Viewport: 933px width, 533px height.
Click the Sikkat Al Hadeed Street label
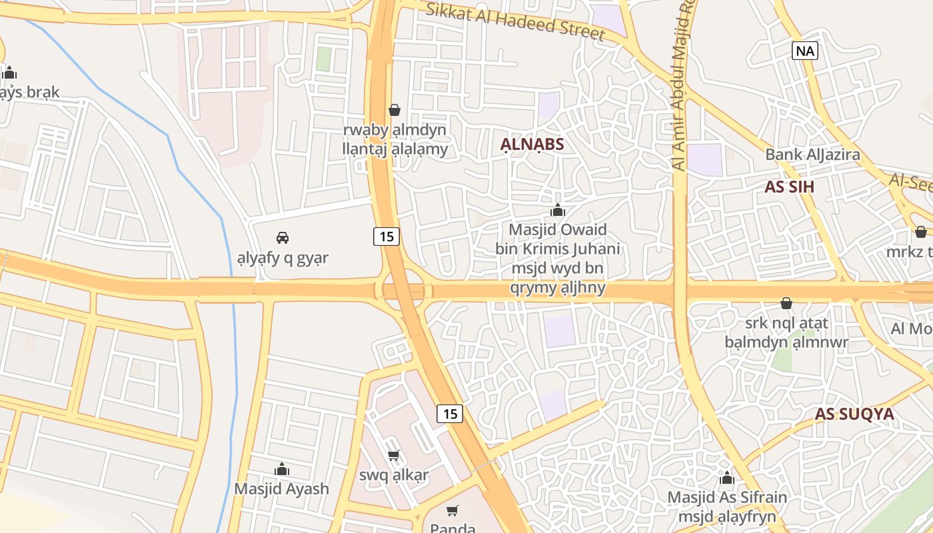515,21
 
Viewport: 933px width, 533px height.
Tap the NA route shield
805,51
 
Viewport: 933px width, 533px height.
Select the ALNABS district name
532,145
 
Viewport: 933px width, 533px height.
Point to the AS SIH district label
790,187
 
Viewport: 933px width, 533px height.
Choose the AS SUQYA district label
854,414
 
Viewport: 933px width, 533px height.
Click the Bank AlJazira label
812,155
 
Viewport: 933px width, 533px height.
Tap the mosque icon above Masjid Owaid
558,211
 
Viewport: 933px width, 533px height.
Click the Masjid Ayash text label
281,489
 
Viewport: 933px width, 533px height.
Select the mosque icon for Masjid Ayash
282,470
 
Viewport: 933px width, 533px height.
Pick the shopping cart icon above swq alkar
394,456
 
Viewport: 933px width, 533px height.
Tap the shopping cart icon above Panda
453,511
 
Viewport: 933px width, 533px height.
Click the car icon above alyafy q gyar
283,238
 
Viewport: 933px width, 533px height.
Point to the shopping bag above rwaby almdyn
395,110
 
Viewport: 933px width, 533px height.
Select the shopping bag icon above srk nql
786,303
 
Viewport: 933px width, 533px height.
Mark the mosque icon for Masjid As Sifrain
727,478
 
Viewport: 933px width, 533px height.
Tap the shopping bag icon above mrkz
920,232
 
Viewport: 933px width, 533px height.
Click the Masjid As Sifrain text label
727,498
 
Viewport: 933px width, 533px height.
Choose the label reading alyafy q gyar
283,258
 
